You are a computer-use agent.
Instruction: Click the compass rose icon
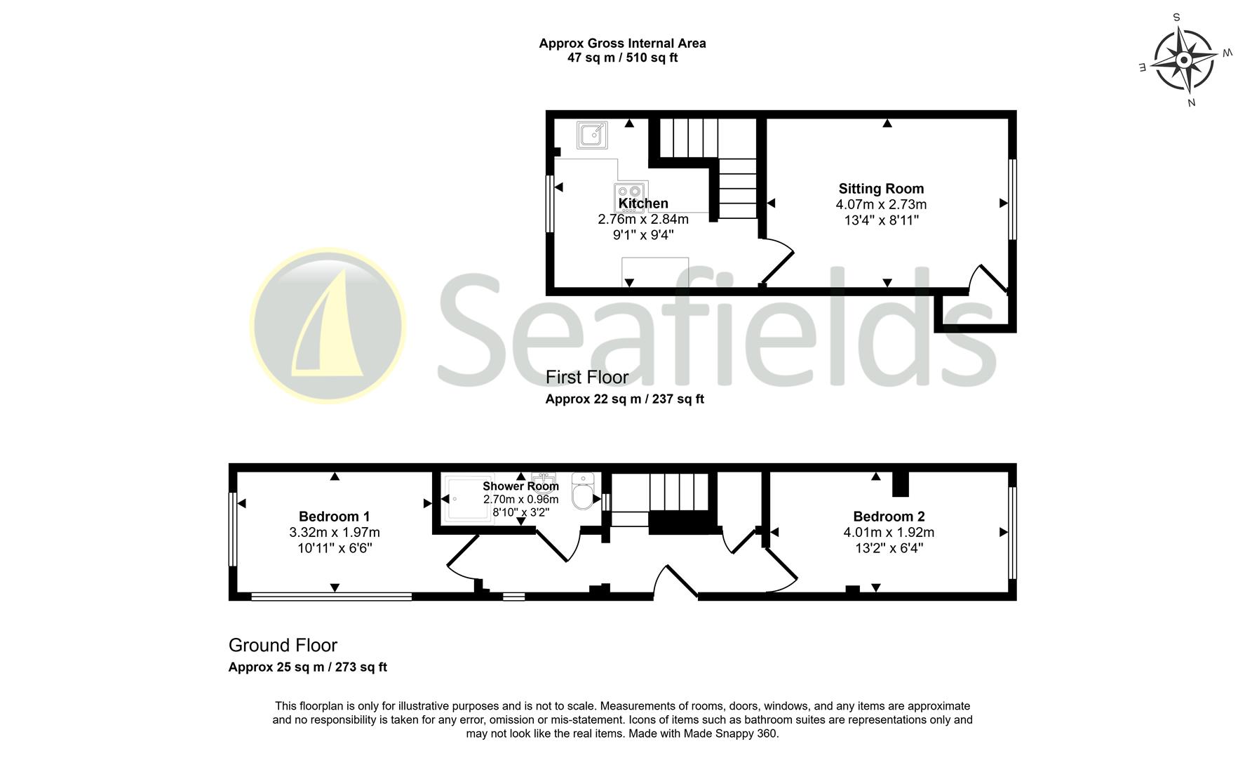(1183, 60)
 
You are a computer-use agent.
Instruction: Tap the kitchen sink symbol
(592, 135)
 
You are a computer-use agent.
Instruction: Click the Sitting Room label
(881, 189)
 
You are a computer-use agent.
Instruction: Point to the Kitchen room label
(643, 204)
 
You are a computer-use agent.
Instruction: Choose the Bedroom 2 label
(889, 517)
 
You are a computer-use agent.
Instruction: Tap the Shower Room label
(520, 486)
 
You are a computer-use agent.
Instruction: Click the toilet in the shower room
(583, 491)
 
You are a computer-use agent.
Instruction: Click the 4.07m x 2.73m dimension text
(881, 205)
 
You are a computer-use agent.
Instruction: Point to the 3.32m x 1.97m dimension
(335, 533)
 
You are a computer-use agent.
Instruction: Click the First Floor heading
(587, 378)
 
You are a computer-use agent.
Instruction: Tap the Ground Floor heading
(283, 646)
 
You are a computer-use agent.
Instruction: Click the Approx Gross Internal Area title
(622, 44)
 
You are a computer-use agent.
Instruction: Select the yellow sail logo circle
(328, 325)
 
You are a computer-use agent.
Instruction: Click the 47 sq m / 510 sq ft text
(622, 58)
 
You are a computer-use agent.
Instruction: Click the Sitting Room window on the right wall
(1011, 199)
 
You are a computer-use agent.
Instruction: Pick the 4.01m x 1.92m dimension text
(889, 533)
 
